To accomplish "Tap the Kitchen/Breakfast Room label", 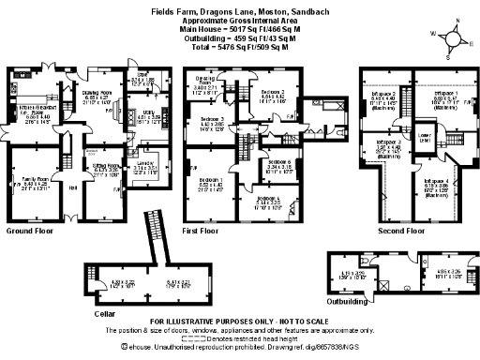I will [37, 113].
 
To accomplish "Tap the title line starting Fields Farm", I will [240, 11].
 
